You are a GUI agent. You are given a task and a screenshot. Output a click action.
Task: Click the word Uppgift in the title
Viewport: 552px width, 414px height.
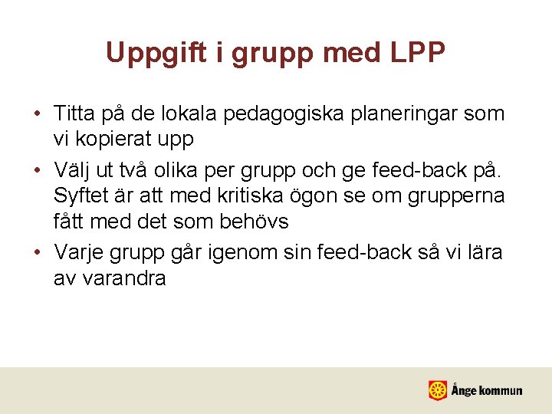coord(149,53)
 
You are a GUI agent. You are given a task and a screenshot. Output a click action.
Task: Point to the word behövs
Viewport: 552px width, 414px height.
coord(251,222)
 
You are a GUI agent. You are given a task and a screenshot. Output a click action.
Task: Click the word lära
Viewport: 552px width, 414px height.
coord(482,252)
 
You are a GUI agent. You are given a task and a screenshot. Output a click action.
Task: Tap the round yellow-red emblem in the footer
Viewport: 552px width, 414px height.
coord(438,390)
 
